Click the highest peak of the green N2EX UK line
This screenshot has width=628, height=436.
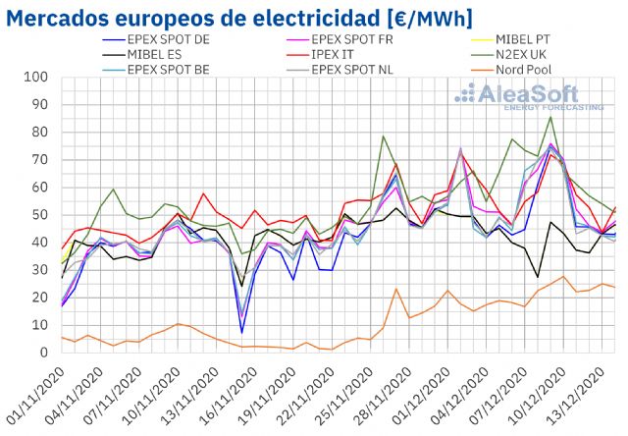[x=550, y=117]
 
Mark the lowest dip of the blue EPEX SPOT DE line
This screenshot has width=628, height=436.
[x=241, y=332]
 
